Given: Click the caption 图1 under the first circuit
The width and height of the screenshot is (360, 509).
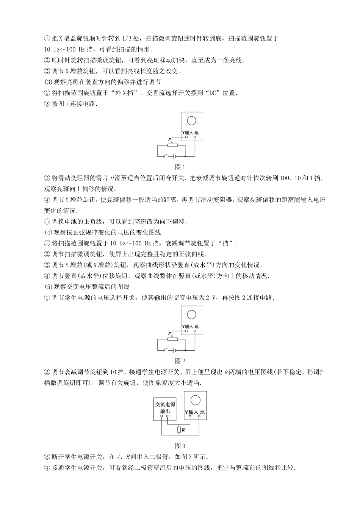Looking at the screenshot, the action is pyautogui.click(x=180, y=167).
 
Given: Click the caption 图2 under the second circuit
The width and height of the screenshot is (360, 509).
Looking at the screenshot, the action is pyautogui.click(x=180, y=361).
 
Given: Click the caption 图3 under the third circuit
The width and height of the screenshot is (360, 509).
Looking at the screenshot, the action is pyautogui.click(x=180, y=446).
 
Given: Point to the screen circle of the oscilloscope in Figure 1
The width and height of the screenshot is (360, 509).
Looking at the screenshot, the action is pyautogui.click(x=191, y=121).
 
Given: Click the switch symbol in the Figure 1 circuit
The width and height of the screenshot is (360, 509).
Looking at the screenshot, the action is pyautogui.click(x=166, y=156).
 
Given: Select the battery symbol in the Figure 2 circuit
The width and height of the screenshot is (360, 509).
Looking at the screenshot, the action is pyautogui.click(x=174, y=350).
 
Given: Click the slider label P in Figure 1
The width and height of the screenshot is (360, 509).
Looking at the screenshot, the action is pyautogui.click(x=169, y=139).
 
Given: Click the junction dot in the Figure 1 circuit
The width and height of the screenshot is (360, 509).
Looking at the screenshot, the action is pyautogui.click(x=185, y=156).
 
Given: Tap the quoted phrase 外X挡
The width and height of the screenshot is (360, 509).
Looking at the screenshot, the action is pyautogui.click(x=127, y=93).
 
